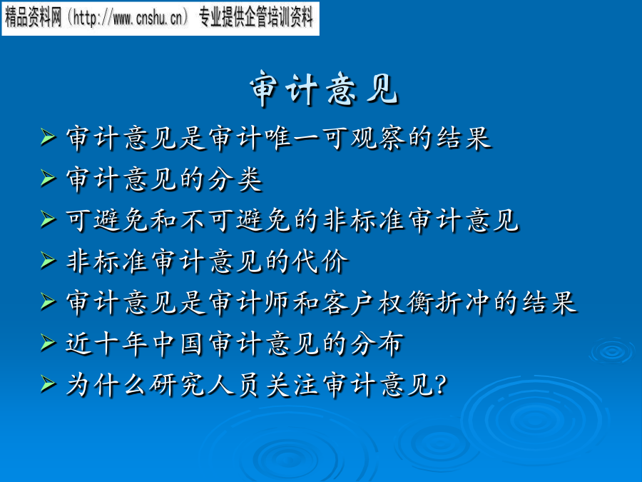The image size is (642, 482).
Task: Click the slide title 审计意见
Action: click(324, 89)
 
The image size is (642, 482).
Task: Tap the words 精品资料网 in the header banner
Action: click(33, 18)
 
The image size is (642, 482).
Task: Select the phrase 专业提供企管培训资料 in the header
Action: click(256, 18)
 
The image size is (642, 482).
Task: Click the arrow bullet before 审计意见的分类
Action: click(48, 179)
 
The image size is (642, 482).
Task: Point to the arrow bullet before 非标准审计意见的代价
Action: click(48, 261)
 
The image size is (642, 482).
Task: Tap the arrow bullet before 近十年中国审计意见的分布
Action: click(48, 343)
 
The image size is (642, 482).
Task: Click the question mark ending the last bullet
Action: click(442, 385)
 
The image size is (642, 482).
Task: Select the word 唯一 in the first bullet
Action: click(292, 138)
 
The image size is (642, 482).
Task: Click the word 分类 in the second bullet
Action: click(235, 179)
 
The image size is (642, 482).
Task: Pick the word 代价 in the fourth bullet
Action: click(320, 261)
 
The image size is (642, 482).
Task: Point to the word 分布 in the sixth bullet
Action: click(377, 343)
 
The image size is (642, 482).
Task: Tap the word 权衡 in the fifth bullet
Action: click(405, 303)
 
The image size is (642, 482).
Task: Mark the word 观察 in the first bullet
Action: click(377, 138)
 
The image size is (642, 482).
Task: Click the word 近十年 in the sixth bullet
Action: click(106, 343)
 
